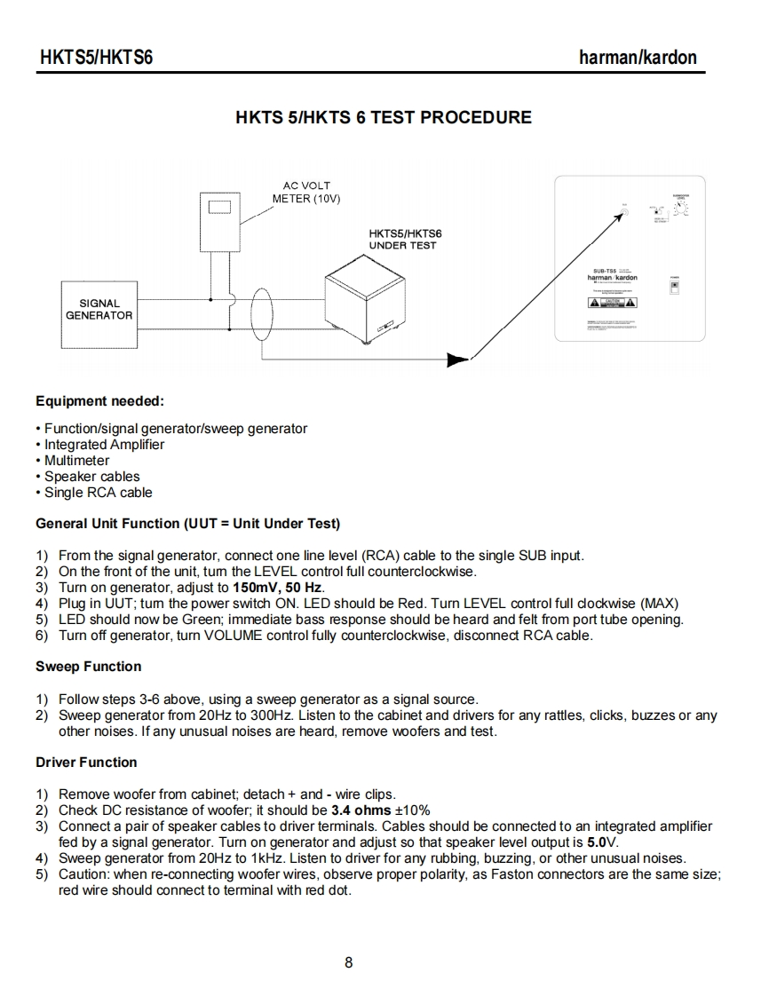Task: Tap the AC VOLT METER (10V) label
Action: point(302,193)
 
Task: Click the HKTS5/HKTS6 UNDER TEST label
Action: point(404,239)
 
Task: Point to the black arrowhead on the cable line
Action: point(458,359)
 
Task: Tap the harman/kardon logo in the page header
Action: point(637,58)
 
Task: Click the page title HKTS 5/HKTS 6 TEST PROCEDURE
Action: point(384,117)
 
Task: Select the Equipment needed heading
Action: point(99,401)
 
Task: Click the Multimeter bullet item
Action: point(77,461)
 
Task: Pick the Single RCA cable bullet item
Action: point(99,493)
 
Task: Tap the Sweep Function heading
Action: point(88,667)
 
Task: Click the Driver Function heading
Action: point(86,763)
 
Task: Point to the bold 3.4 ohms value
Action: point(361,810)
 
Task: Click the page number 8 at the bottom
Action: point(348,962)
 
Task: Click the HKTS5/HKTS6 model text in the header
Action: point(97,58)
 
